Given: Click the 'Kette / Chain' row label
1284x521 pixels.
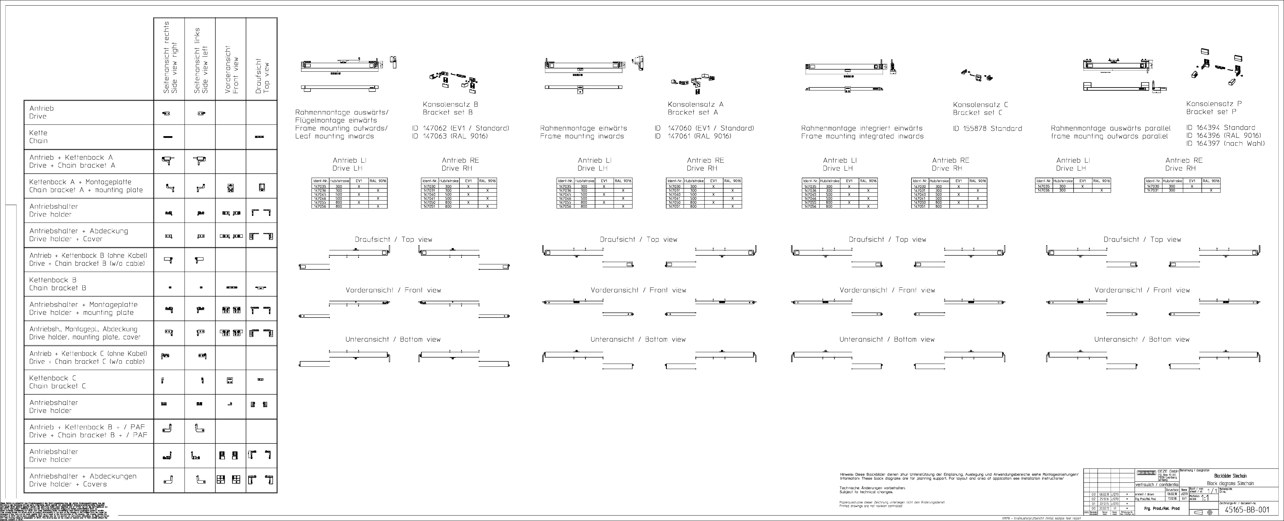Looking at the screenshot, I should click(38, 137).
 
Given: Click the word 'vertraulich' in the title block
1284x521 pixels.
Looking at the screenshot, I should click(1146, 484).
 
